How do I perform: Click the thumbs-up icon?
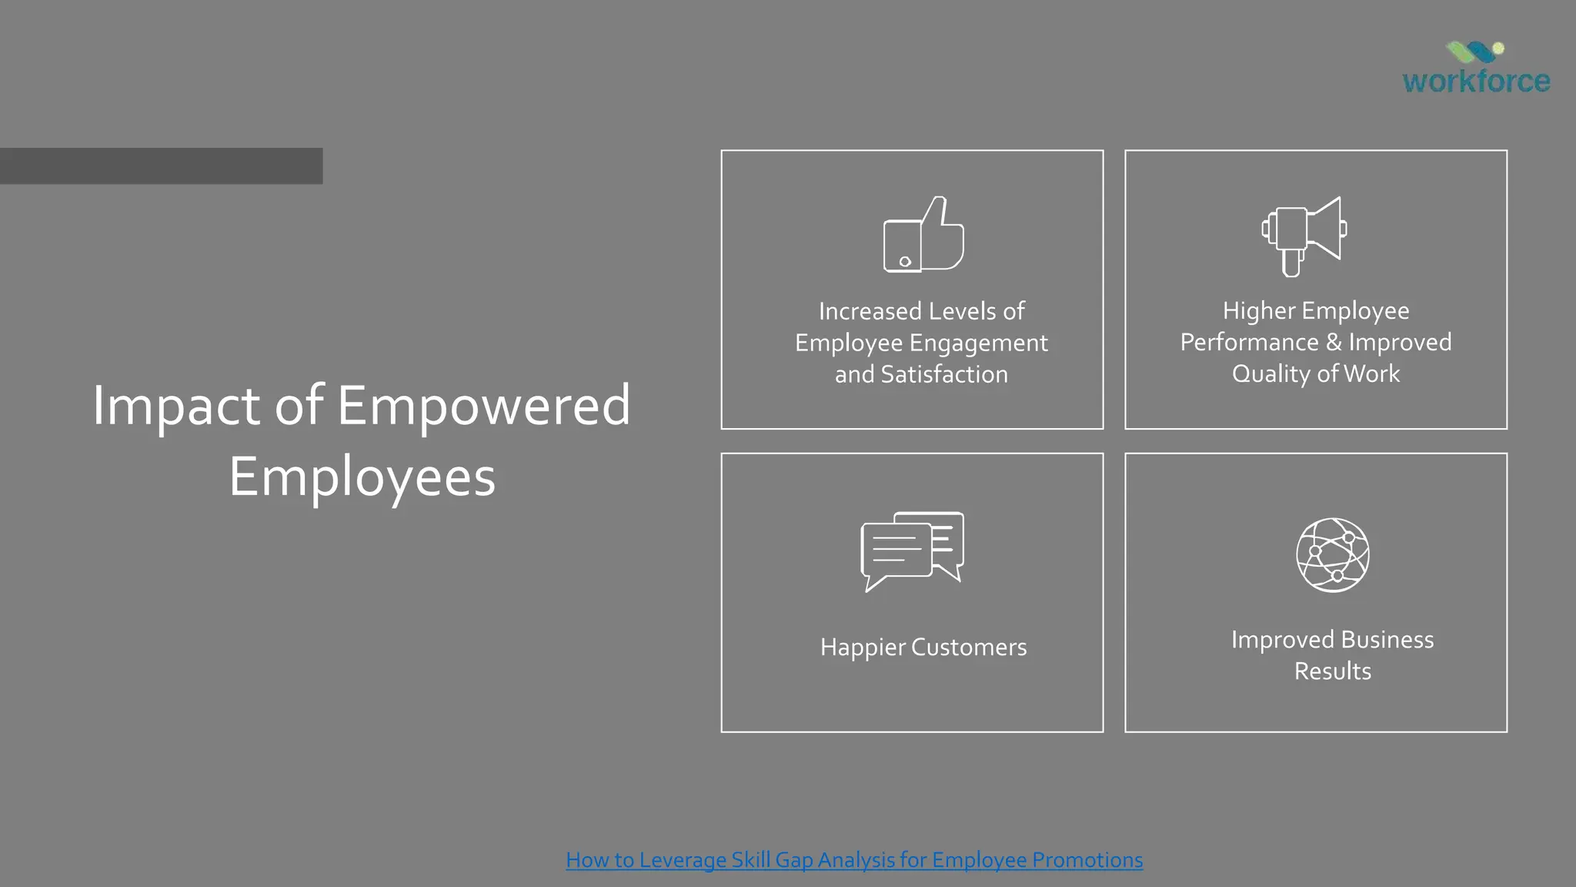point(923,235)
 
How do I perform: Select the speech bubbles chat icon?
point(913,551)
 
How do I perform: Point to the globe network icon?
point(1333,554)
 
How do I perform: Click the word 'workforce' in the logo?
point(1476,81)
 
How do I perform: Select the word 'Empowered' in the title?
point(484,406)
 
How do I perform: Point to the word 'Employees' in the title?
point(362,477)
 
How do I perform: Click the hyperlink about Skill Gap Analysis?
point(854,859)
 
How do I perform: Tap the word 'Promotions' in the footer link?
point(1087,859)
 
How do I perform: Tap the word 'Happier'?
point(863,647)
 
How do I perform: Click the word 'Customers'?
point(969,647)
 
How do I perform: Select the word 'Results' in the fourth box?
point(1333,671)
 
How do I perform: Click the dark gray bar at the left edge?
point(161,166)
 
